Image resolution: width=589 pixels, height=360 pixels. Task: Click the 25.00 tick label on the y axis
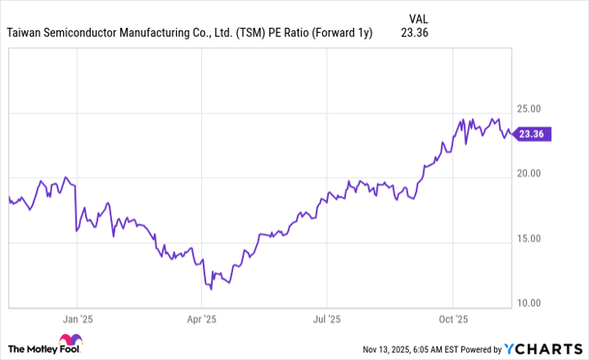pyautogui.click(x=534, y=109)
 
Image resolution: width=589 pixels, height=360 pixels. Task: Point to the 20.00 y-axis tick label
pyautogui.click(x=534, y=173)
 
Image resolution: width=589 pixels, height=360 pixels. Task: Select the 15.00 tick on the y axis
pyautogui.click(x=534, y=238)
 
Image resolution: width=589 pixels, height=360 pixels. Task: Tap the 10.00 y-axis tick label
pyautogui.click(x=534, y=303)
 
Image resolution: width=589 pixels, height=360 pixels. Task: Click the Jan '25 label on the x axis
pyautogui.click(x=77, y=320)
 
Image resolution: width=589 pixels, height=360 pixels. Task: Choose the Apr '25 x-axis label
pyautogui.click(x=201, y=320)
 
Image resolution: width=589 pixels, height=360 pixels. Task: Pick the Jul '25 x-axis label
pyautogui.click(x=326, y=320)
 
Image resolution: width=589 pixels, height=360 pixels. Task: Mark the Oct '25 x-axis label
pyautogui.click(x=453, y=320)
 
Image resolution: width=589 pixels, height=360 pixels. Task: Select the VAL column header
pyautogui.click(x=418, y=18)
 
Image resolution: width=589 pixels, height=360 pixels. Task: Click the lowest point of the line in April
pyautogui.click(x=211, y=289)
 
